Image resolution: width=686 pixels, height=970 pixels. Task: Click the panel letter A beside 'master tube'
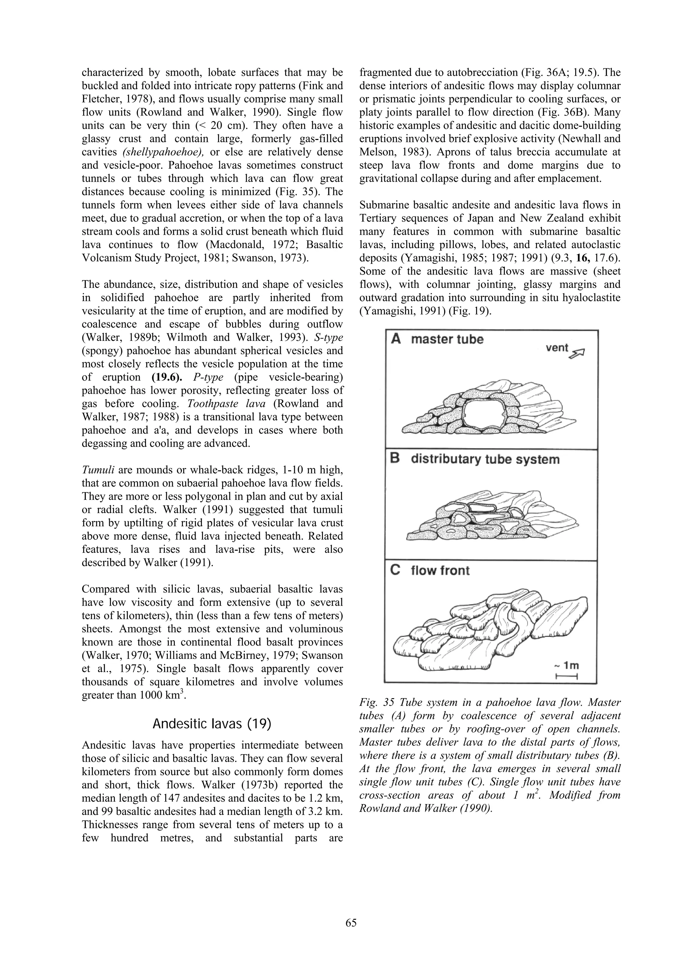396,339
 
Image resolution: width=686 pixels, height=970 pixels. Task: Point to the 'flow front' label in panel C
440,571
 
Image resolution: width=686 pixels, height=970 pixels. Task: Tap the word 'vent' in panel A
557,348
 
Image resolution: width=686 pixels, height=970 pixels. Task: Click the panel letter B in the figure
395,459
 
